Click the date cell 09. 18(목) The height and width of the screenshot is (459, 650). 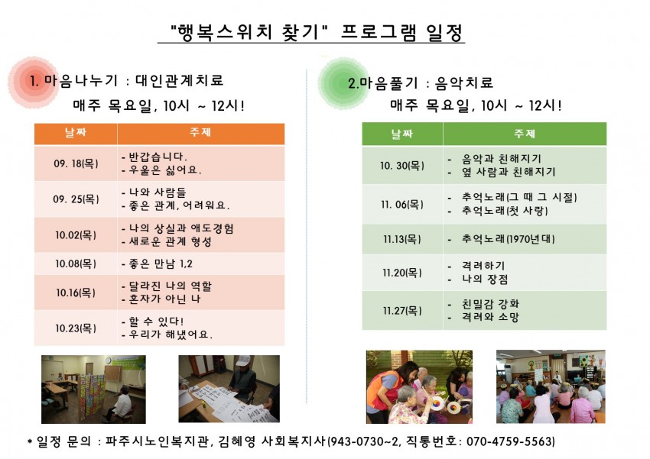pos(76,163)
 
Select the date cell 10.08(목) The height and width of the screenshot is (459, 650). pos(76,263)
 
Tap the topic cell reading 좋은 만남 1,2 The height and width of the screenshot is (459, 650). pos(200,263)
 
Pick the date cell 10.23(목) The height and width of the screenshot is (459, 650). pos(76,328)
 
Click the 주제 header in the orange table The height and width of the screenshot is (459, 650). pos(200,132)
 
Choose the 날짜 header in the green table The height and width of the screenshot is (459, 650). pos(402,134)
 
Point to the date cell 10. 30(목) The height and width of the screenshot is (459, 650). pos(402,166)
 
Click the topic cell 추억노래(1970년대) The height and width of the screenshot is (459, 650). pos(525,239)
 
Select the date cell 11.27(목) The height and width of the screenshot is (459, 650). pos(402,310)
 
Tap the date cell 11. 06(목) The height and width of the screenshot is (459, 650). pos(402,205)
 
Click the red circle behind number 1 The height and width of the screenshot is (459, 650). pos(33,82)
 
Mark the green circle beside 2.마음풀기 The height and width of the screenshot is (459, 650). pos(343,82)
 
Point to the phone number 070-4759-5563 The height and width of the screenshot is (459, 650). pos(509,441)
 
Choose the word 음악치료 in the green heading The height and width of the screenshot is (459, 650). pos(464,83)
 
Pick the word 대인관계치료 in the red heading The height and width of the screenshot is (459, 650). pos(180,80)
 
